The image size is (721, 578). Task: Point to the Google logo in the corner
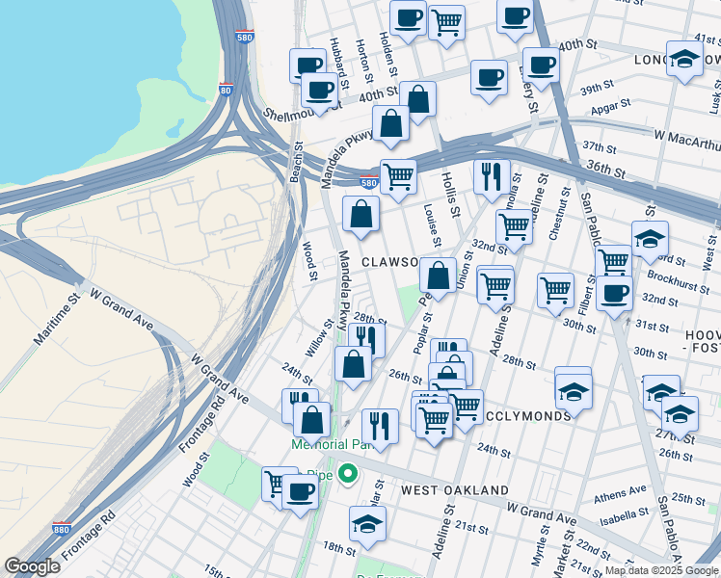point(32,566)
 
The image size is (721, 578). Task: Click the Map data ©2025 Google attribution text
point(661,570)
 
